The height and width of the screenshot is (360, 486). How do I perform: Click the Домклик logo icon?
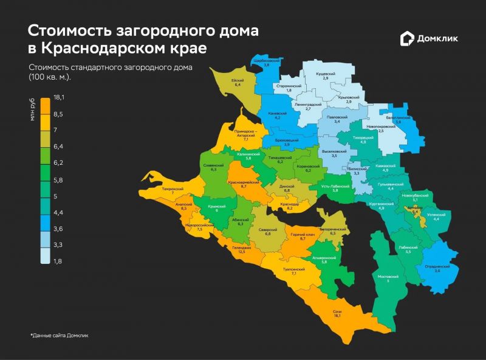407,39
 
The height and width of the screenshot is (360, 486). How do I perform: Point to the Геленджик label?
241,248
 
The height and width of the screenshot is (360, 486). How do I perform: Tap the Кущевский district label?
325,73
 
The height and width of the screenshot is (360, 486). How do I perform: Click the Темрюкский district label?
173,189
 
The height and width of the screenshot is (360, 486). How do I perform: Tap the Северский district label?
267,230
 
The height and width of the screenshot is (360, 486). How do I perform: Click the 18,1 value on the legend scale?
60,97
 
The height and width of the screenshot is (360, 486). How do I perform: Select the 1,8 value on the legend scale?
58,261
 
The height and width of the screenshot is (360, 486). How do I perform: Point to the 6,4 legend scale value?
58,147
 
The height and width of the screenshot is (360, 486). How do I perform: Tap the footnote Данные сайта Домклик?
60,335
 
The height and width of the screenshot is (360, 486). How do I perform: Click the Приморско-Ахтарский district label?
245,133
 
